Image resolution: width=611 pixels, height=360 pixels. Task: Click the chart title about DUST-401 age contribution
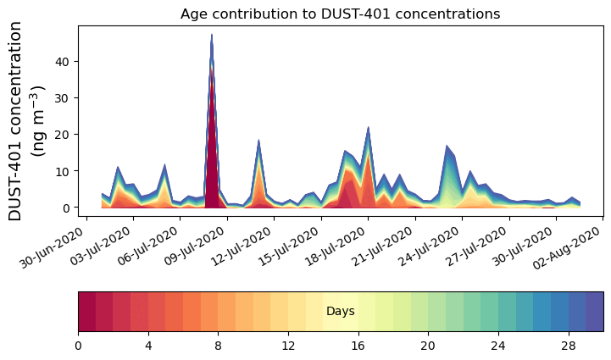(x=340, y=14)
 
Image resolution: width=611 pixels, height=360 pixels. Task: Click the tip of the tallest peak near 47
(x=211, y=36)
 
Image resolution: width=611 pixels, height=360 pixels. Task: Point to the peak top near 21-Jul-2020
(x=368, y=127)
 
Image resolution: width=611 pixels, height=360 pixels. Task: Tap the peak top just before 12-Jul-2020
(x=258, y=141)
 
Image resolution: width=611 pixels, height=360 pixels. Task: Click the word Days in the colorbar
(x=340, y=312)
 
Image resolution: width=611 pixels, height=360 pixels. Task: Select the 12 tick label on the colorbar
(x=288, y=346)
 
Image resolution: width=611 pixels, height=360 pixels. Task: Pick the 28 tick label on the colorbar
(x=568, y=346)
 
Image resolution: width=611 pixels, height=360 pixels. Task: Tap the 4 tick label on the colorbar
(x=148, y=346)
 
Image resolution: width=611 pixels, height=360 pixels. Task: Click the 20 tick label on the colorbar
(x=428, y=346)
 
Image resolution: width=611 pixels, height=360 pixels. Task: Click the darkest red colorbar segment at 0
(x=86, y=311)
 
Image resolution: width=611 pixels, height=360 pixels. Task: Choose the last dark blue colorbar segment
(x=594, y=311)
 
